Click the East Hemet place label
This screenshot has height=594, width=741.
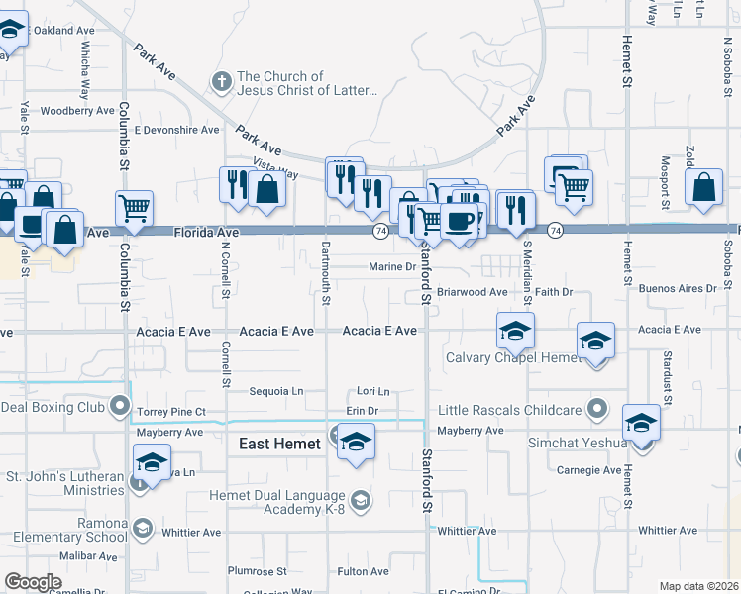pos(279,445)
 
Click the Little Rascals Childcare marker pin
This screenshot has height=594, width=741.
pos(597,407)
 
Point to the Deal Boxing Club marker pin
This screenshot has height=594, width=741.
pos(121,405)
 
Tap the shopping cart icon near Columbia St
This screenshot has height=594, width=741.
pos(134,208)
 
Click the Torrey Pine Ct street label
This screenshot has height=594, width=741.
pos(171,411)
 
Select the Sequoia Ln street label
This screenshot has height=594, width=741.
pos(275,391)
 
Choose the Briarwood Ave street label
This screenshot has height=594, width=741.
pos(472,292)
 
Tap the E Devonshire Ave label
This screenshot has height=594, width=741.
pos(177,130)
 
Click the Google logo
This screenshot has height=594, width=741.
pos(33,581)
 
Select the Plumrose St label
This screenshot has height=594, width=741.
pos(257,571)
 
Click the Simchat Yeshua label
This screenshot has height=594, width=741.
pos(578,443)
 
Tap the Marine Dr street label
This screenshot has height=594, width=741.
pos(391,266)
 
